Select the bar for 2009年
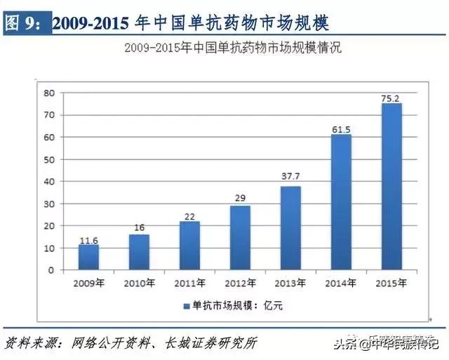[x=88, y=257]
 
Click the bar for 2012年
[x=240, y=238]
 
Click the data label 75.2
[x=391, y=99]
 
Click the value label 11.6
[x=88, y=240]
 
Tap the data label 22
[x=189, y=217]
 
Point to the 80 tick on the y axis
[x=49, y=93]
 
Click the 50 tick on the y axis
[x=49, y=159]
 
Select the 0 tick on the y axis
[x=51, y=270]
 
